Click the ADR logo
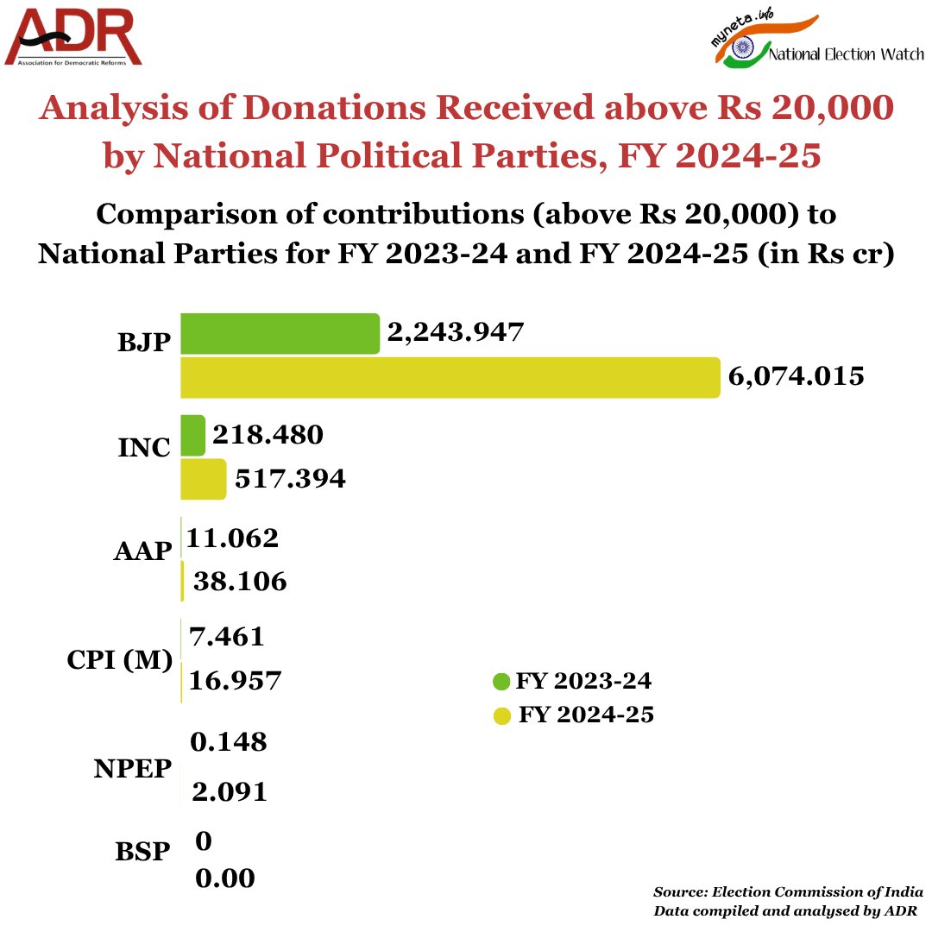click(x=72, y=38)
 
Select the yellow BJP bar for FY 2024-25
click(x=450, y=377)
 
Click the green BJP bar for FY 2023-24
click(x=280, y=334)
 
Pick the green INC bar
click(x=192, y=435)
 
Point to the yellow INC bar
click(x=203, y=479)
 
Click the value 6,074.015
click(x=797, y=377)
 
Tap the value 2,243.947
click(x=456, y=333)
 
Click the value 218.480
click(x=268, y=435)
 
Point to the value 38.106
click(x=239, y=582)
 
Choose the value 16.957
click(x=236, y=681)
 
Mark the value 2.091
click(x=230, y=791)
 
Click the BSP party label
click(x=142, y=852)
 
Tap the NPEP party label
click(x=133, y=770)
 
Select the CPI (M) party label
click(x=119, y=660)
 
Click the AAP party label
click(x=143, y=552)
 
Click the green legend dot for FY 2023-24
click(x=501, y=682)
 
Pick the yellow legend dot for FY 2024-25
click(x=501, y=715)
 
